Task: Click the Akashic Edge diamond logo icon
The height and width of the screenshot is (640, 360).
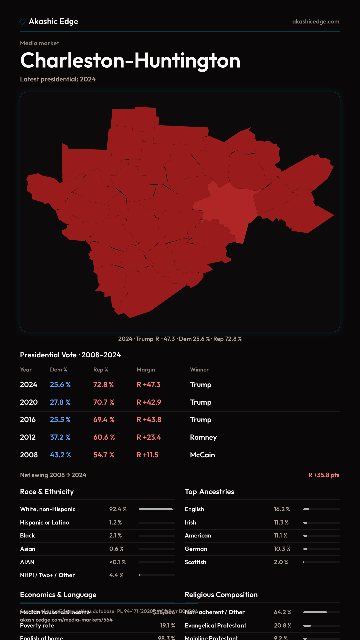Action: (22, 22)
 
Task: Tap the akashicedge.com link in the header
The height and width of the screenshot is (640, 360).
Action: (316, 22)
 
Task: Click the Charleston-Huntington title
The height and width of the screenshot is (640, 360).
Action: (130, 60)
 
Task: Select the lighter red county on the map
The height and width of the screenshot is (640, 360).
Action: (230, 207)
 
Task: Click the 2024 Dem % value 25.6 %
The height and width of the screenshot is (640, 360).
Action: (60, 385)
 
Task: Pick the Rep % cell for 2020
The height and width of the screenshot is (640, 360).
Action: (104, 402)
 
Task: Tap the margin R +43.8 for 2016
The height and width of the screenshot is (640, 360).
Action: (149, 420)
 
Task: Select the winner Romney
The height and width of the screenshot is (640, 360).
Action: (203, 437)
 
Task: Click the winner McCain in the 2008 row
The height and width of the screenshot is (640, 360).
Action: (202, 455)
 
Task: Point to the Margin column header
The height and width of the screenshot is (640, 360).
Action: (146, 370)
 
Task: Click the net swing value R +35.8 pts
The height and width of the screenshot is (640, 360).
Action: (324, 475)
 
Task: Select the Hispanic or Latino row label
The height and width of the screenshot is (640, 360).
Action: (44, 523)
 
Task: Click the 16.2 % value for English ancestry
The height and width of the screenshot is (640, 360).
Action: (282, 509)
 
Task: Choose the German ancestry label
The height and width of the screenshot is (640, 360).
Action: (196, 549)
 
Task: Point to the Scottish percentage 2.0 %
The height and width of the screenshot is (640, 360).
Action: (281, 562)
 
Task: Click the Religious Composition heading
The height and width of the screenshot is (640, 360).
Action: (221, 595)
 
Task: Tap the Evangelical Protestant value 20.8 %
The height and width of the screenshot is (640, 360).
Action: (283, 626)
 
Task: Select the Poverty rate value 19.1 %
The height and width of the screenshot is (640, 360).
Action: (167, 626)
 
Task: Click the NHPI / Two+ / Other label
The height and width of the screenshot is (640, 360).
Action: (47, 575)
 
